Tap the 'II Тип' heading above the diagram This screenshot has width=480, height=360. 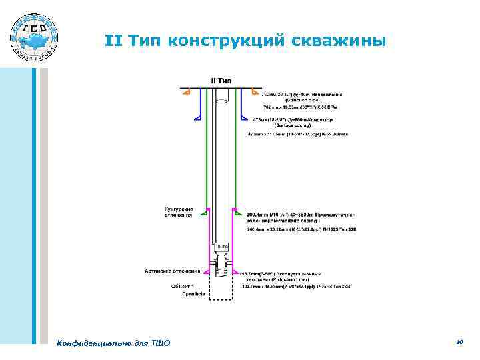click(221, 80)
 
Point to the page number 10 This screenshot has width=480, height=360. click(459, 341)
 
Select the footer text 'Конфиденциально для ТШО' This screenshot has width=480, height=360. click(114, 343)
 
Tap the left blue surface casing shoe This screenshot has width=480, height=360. click(198, 118)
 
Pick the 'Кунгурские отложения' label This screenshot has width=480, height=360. click(179, 212)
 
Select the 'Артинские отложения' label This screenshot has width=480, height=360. click(173, 271)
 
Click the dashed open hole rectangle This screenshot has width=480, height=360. click(221, 288)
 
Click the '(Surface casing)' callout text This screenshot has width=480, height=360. click(298, 126)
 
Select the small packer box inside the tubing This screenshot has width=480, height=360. click(221, 247)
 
